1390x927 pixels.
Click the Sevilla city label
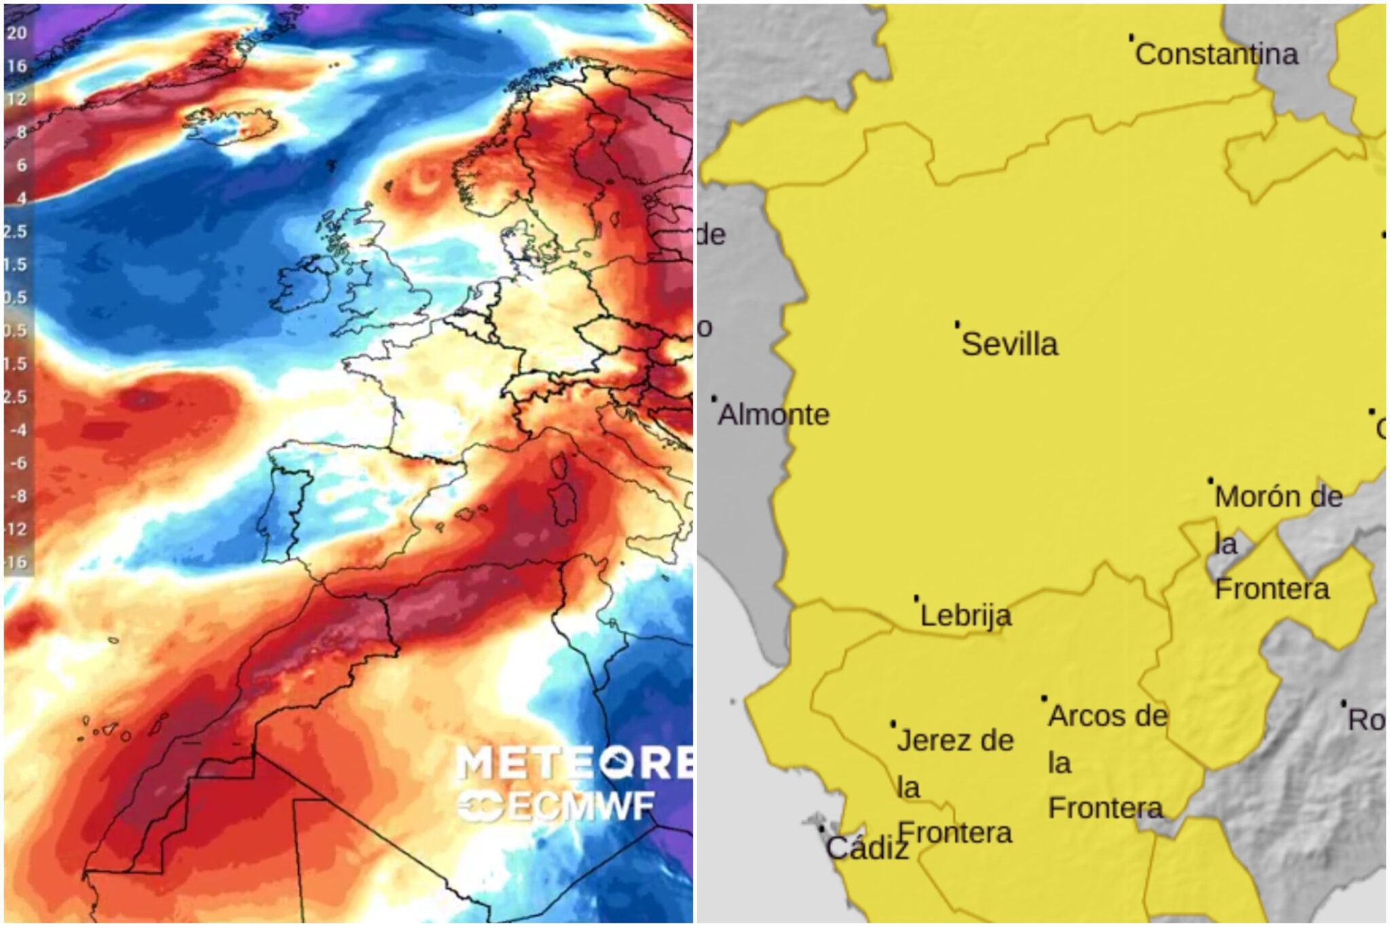click(x=1010, y=344)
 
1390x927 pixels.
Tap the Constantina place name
click(x=1217, y=54)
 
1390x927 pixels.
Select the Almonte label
click(x=774, y=414)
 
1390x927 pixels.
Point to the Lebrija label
click(x=966, y=615)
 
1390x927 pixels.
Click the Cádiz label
click(x=867, y=848)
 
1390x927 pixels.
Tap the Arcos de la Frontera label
click(x=1107, y=762)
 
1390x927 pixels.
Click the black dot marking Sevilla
click(x=957, y=325)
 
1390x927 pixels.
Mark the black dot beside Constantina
click(x=1131, y=37)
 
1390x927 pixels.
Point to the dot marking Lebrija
click(x=916, y=598)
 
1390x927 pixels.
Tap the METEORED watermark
click(x=574, y=763)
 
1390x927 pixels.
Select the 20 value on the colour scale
click(x=17, y=33)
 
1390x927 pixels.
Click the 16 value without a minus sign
click(x=17, y=66)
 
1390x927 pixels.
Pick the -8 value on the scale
click(x=18, y=496)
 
